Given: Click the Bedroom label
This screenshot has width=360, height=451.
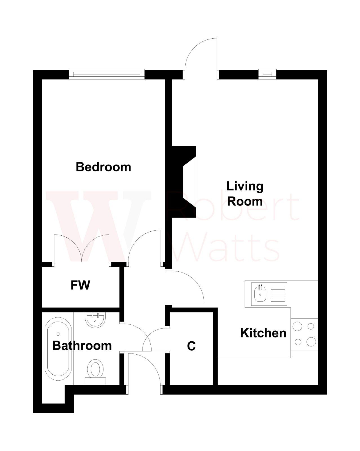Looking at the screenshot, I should pyautogui.click(x=103, y=167).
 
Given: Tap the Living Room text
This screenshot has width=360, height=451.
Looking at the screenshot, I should pyautogui.click(x=245, y=194).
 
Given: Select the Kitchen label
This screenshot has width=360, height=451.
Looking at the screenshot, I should pyautogui.click(x=263, y=333).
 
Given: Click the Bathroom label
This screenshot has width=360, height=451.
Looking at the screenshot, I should pyautogui.click(x=82, y=346).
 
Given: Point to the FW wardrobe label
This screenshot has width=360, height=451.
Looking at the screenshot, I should pyautogui.click(x=80, y=285).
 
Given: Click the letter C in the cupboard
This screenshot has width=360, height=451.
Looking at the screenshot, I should pyautogui.click(x=191, y=346).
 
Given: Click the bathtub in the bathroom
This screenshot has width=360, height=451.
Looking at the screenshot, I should pyautogui.click(x=58, y=349).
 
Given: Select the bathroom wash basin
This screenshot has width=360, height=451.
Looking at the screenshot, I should pyautogui.click(x=95, y=320).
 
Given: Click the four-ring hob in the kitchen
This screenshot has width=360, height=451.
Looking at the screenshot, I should pyautogui.click(x=304, y=334).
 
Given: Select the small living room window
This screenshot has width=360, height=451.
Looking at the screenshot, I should pyautogui.click(x=267, y=74).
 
